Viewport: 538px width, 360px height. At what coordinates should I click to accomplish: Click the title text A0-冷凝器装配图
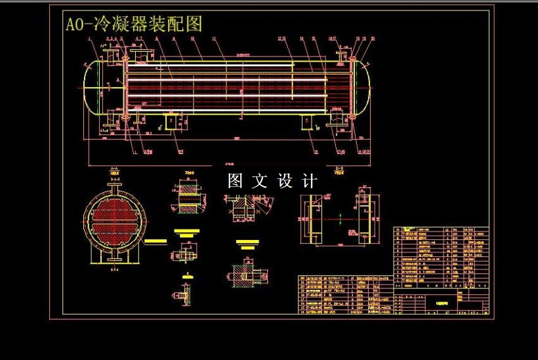(133, 24)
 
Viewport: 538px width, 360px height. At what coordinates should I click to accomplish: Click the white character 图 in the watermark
(236, 181)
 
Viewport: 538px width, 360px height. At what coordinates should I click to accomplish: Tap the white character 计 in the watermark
(310, 181)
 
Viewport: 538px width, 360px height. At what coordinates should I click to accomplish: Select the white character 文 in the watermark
(260, 181)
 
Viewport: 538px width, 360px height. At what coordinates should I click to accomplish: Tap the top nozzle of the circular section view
(115, 189)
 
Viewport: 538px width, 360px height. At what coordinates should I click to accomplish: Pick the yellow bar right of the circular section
(155, 241)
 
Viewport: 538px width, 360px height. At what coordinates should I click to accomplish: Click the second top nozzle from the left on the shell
(138, 53)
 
